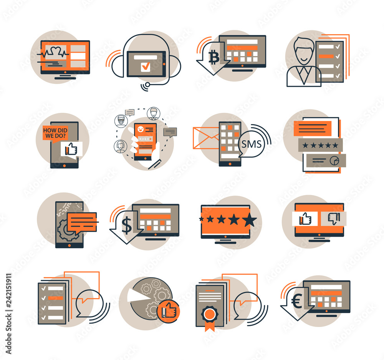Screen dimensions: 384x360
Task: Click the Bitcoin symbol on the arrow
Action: [x=214, y=58]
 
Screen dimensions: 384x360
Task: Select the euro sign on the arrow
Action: [x=297, y=301]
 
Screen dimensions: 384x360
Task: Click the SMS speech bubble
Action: [x=251, y=144]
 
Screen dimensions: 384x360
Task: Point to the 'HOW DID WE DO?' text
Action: [x=55, y=133]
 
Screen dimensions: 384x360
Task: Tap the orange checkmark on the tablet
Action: [x=146, y=66]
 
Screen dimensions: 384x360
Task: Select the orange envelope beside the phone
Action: [x=206, y=138]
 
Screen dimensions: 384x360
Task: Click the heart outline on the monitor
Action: [x=55, y=51]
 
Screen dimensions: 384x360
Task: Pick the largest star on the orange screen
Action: [x=250, y=220]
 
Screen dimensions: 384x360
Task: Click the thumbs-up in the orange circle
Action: [x=168, y=311]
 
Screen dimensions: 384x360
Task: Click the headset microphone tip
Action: [x=147, y=85]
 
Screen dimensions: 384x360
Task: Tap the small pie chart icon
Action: [x=334, y=161]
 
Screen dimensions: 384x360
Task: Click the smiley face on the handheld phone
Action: [x=141, y=129]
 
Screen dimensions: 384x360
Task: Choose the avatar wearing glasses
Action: [x=121, y=121]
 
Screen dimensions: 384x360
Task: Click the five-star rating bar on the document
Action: [x=320, y=145]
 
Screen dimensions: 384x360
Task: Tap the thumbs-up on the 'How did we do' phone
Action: [x=71, y=149]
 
